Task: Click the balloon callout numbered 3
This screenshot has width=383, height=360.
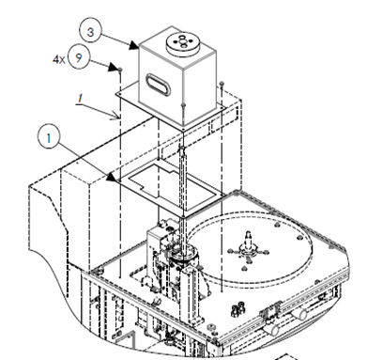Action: pyautogui.click(x=90, y=32)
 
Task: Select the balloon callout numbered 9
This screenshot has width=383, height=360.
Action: pyautogui.click(x=79, y=57)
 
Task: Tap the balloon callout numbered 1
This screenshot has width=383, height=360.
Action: pyautogui.click(x=49, y=137)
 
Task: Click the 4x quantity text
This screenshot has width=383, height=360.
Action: pyautogui.click(x=58, y=59)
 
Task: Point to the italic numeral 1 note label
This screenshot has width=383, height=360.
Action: pyautogui.click(x=81, y=99)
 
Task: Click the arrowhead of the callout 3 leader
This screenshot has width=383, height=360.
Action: pyautogui.click(x=135, y=45)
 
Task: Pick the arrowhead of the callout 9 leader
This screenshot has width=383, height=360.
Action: pyautogui.click(x=113, y=67)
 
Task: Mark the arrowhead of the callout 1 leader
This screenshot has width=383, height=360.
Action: pyautogui.click(x=111, y=178)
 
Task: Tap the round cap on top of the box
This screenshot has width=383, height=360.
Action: pyautogui.click(x=182, y=42)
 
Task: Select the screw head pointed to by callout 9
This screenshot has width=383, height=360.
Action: pyautogui.click(x=120, y=70)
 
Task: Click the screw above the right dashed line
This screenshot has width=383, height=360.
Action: pyautogui.click(x=222, y=84)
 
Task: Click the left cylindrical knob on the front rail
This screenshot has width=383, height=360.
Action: pyautogui.click(x=271, y=329)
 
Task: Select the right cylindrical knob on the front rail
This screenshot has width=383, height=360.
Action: pyautogui.click(x=299, y=314)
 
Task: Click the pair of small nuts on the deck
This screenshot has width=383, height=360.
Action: pyautogui.click(x=237, y=308)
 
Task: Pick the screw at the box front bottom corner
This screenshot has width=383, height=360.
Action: pyautogui.click(x=183, y=105)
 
